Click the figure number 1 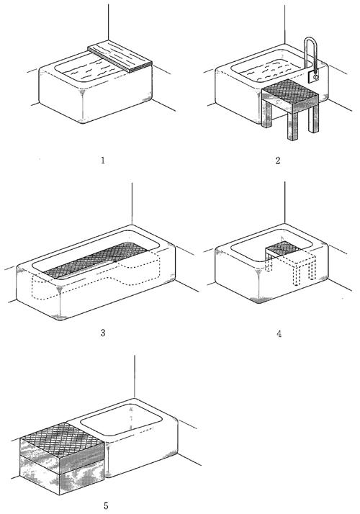(103, 161)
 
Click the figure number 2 (278, 161)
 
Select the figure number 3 (103, 333)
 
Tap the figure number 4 (279, 334)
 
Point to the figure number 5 (106, 505)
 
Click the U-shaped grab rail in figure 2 (310, 53)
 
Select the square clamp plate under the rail (314, 76)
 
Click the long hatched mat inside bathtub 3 (96, 260)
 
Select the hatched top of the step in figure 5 (63, 438)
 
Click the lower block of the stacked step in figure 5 (63, 478)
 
